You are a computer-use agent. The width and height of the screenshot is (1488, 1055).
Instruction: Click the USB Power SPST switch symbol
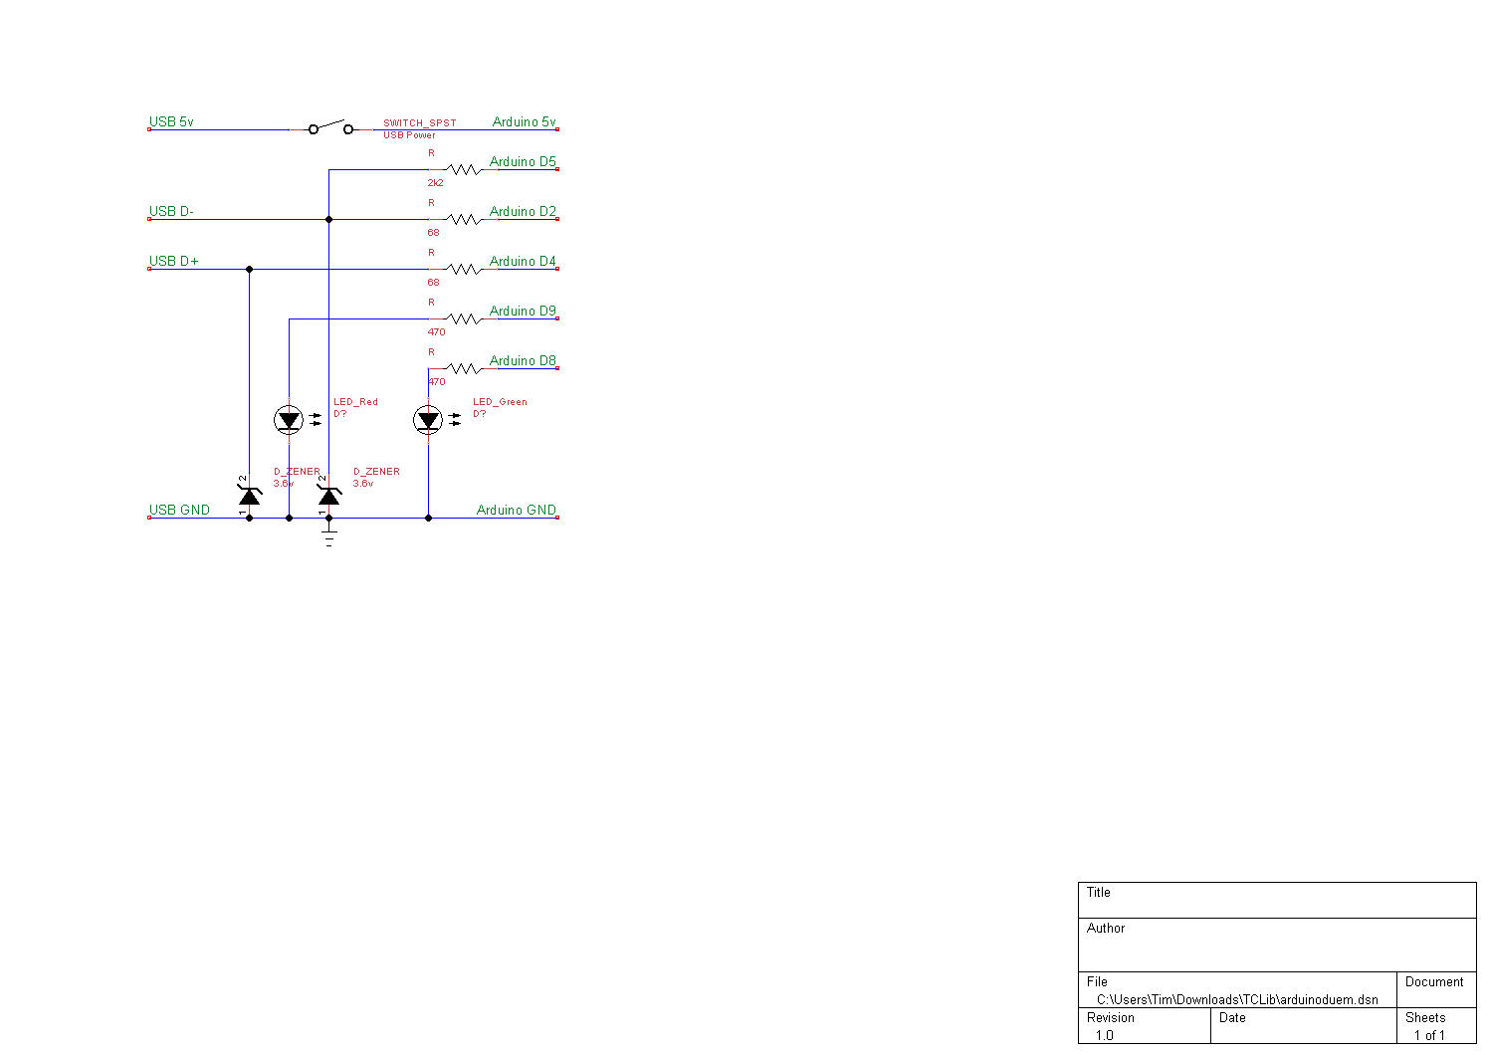point(330,127)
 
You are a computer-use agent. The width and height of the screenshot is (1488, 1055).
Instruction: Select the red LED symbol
point(289,420)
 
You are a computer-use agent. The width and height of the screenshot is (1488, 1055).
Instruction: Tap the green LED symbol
point(428,420)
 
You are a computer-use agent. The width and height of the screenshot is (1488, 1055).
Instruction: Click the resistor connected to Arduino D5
point(463,169)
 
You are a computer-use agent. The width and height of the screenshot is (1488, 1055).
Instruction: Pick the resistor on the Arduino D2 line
point(463,219)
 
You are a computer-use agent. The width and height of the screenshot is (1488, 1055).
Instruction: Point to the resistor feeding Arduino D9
point(463,318)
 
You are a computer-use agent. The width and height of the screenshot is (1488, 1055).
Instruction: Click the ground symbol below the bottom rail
point(328,537)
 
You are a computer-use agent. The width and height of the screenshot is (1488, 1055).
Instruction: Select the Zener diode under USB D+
point(249,495)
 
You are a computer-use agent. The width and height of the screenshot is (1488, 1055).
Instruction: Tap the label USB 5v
point(171,121)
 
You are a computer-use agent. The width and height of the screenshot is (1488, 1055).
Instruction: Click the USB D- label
point(171,211)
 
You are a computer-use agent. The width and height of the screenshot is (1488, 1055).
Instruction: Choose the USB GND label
point(179,510)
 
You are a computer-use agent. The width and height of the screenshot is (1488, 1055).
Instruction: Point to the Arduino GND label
point(516,510)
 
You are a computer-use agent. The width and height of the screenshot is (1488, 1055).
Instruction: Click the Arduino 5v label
point(524,121)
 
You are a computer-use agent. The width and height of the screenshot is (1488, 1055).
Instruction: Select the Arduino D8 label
point(523,360)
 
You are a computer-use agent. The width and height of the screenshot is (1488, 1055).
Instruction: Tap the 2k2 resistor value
point(435,183)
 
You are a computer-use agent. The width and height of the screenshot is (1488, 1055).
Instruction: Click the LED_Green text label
point(500,402)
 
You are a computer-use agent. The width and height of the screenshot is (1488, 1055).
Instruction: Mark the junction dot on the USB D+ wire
point(249,269)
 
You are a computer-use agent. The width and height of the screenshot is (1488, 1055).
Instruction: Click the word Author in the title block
point(1106,928)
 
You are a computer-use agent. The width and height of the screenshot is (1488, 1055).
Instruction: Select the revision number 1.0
point(1105,1035)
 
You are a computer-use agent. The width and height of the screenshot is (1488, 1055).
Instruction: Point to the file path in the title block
point(1237,999)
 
